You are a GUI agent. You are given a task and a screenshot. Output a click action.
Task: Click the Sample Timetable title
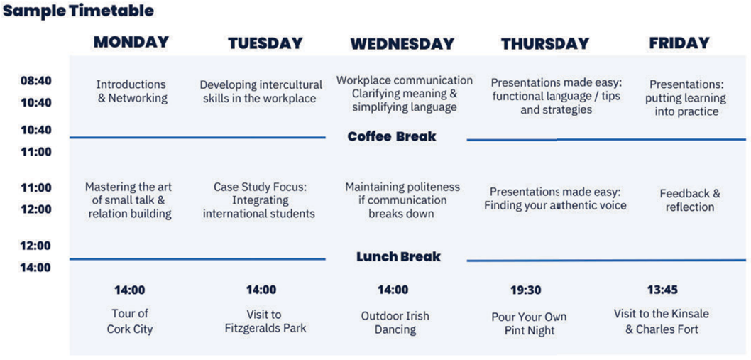tap(79, 11)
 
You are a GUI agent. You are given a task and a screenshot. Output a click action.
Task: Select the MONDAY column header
tap(131, 42)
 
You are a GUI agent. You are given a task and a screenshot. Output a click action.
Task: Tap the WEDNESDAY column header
tap(402, 44)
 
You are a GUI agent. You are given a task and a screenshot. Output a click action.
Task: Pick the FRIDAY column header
tap(679, 43)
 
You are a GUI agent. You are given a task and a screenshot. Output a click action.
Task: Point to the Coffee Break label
tap(392, 136)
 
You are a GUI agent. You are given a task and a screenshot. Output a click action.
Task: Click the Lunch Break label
tap(398, 257)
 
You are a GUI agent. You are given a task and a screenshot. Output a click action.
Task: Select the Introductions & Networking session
tap(132, 92)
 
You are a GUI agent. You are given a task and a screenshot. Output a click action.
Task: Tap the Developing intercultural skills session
tap(261, 92)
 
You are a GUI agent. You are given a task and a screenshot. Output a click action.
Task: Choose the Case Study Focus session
tap(259, 200)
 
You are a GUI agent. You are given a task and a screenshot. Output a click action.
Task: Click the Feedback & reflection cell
tap(690, 200)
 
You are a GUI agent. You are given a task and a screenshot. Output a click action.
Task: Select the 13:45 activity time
tap(662, 290)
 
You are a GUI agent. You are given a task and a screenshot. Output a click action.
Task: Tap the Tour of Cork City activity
tap(130, 321)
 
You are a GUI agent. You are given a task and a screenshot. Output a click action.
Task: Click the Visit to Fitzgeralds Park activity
tap(264, 321)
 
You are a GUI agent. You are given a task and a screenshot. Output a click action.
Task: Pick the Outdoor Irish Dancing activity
tap(395, 322)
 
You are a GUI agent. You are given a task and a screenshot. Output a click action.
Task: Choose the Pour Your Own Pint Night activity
tap(530, 324)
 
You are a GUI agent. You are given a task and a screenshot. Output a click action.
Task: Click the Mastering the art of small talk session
tap(130, 200)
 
